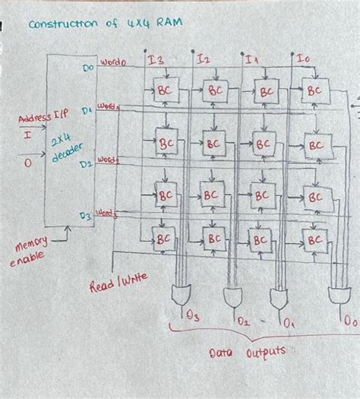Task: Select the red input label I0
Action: tap(302, 59)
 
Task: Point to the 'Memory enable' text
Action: tap(28, 251)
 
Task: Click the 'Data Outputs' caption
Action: tap(247, 353)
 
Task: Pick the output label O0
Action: tap(349, 322)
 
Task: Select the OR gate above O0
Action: tap(336, 295)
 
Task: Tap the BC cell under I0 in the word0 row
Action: tap(312, 90)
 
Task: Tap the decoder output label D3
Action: tap(85, 216)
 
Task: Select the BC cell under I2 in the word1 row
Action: tap(213, 143)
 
